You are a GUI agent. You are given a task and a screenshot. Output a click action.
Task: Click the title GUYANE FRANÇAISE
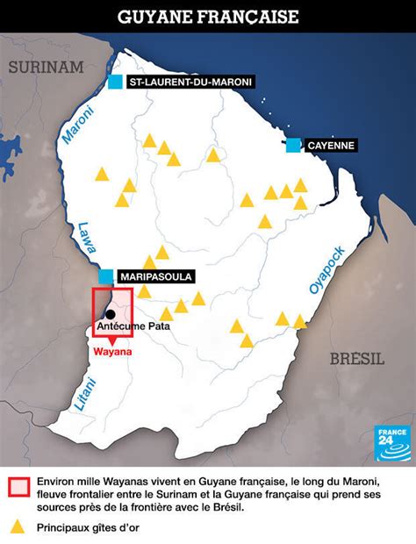pos(208,17)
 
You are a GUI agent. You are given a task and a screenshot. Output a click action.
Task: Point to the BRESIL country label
pos(357,357)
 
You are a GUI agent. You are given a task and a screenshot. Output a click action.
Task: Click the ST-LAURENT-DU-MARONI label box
pos(190,82)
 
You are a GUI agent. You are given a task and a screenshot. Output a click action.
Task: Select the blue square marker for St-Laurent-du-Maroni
pos(115,82)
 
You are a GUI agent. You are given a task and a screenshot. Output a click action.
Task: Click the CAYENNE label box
pos(330,145)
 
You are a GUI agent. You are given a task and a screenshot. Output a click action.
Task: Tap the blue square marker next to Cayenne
pos(292,145)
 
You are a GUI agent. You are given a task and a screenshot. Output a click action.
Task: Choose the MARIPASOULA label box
pos(154,276)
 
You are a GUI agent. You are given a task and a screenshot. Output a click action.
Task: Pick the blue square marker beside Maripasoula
pos(106,276)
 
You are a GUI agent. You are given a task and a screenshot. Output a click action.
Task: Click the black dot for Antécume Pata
pos(111,313)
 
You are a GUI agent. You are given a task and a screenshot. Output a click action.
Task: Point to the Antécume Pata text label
pos(132,326)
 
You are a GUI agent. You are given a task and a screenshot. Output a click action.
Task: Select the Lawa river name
pos(83,237)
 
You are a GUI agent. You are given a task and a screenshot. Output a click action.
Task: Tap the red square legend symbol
pos(17,489)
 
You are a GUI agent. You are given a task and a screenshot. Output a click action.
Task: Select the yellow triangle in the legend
pos(17,527)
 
